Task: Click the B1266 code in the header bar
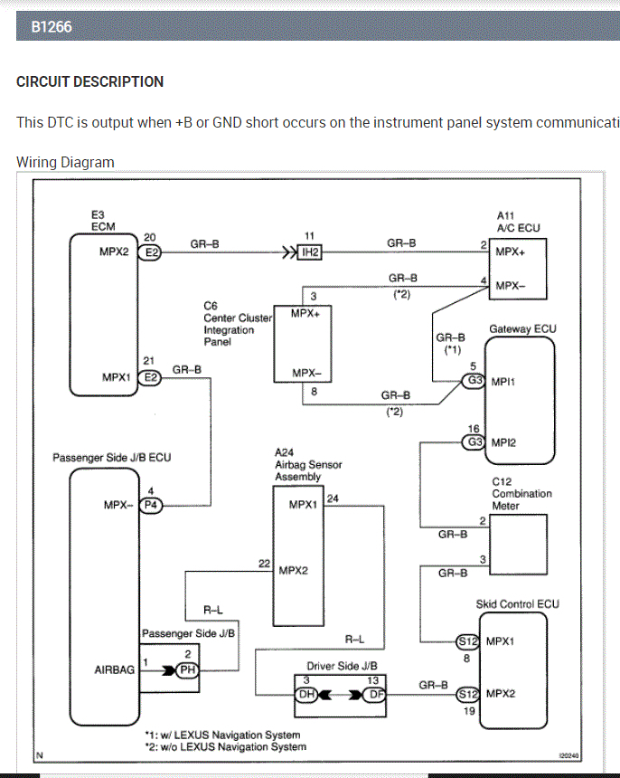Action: [x=52, y=27]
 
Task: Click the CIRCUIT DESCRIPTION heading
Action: [x=89, y=81]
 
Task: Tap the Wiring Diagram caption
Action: [x=65, y=163]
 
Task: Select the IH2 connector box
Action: [x=309, y=252]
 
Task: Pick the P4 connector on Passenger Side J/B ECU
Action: [x=152, y=505]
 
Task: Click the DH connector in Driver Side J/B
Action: [x=307, y=695]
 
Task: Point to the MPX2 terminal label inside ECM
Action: [x=115, y=252]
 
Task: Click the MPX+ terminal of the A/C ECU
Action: [x=511, y=252]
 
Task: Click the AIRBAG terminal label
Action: [x=114, y=670]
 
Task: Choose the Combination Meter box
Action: [x=518, y=543]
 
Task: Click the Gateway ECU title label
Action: [x=522, y=329]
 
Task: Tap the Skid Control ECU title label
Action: [x=517, y=604]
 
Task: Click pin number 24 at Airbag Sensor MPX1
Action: [x=333, y=498]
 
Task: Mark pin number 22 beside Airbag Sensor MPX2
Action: [x=264, y=564]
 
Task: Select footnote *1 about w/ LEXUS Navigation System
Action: [x=222, y=735]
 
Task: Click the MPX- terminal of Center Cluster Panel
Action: [x=307, y=374]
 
